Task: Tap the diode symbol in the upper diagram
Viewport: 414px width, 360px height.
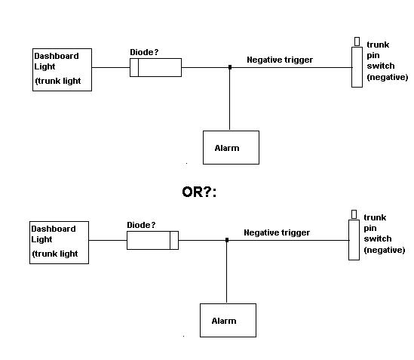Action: coord(156,68)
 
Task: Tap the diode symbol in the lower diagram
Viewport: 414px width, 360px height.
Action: coord(152,240)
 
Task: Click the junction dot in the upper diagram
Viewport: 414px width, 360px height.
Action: coord(230,67)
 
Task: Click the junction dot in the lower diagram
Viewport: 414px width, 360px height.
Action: coord(227,240)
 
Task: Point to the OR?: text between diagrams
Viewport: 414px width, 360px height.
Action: coord(199,192)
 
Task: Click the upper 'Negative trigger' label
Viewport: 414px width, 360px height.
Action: coord(280,60)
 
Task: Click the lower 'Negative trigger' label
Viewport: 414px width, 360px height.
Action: coord(277,232)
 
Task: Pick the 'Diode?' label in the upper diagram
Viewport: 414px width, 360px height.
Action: coord(144,52)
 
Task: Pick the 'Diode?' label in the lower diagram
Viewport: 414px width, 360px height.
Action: coord(141,225)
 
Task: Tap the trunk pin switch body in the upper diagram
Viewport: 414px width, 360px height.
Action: coord(357,67)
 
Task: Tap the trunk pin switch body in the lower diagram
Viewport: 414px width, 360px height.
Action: coord(354,240)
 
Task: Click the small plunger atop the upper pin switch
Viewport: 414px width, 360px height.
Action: coord(357,42)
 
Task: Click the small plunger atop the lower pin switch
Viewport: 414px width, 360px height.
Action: coord(354,214)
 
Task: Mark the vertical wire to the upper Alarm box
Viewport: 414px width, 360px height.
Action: coord(230,99)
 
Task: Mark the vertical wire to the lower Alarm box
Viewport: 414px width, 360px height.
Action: coord(227,272)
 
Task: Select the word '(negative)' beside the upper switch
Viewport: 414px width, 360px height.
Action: coord(388,77)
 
